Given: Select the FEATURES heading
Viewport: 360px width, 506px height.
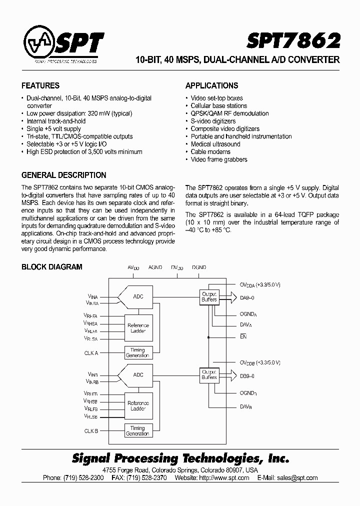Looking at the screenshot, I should (x=40, y=85).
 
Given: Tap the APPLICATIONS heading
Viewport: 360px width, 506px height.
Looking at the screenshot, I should (x=211, y=85).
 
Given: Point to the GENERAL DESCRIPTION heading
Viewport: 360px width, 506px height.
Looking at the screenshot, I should (x=63, y=175).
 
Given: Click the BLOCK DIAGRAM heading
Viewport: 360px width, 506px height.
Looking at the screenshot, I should (x=51, y=267).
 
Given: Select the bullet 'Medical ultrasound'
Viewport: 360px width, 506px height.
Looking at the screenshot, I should (x=215, y=144).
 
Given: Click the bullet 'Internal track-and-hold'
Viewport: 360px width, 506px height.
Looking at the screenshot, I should (x=56, y=121).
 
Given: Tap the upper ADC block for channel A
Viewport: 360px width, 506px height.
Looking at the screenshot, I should (x=137, y=296).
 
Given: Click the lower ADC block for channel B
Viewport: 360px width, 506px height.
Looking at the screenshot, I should (x=137, y=374).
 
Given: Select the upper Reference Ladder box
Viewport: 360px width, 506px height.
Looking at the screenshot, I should (x=138, y=328).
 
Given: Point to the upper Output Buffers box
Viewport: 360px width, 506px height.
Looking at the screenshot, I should (x=209, y=296).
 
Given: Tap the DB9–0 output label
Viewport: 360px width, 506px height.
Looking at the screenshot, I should (x=248, y=375).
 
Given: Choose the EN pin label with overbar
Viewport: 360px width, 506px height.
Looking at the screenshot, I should (x=243, y=337).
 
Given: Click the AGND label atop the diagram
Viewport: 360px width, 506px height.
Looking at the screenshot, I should (x=155, y=268).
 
